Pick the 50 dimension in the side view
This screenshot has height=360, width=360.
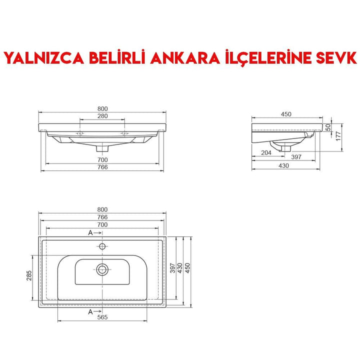pyautogui.click(x=328, y=127)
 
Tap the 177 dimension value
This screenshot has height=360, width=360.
pyautogui.click(x=338, y=135)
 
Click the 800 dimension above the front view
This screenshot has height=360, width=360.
pyautogui.click(x=102, y=109)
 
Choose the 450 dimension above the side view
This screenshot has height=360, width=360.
pyautogui.click(x=286, y=114)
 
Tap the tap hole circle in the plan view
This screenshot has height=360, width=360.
pyautogui.click(x=102, y=246)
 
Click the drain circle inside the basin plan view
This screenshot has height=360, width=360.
pyautogui.click(x=102, y=269)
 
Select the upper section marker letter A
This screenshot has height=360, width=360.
pyautogui.click(x=90, y=233)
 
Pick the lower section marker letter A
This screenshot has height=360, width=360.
pyautogui.click(x=90, y=311)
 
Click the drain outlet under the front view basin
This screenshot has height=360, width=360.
pyautogui.click(x=102, y=147)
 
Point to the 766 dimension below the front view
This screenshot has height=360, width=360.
pyautogui.click(x=102, y=167)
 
